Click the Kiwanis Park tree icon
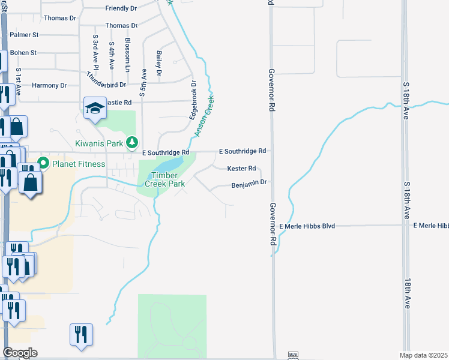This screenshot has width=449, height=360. pyautogui.click(x=133, y=142)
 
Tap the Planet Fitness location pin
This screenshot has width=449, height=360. pyautogui.click(x=43, y=163)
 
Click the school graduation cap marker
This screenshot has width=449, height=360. pyautogui.click(x=95, y=108)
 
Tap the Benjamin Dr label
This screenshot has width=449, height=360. pyautogui.click(x=249, y=185)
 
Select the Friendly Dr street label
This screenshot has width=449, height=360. pyautogui.click(x=121, y=8)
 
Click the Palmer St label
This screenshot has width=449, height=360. pyautogui.click(x=24, y=35)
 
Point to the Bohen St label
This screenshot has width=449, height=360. pyautogui.click(x=23, y=53)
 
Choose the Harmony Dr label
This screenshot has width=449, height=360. pyautogui.click(x=49, y=85)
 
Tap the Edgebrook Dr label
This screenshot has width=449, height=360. pyautogui.click(x=193, y=100)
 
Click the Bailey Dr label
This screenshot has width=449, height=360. pyautogui.click(x=159, y=63)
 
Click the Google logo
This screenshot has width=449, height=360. pyautogui.click(x=20, y=353)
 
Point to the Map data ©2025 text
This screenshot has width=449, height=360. pyautogui.click(x=424, y=355)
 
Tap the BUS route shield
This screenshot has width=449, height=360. pyautogui.click(x=294, y=355)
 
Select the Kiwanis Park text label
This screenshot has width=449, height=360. pyautogui.click(x=99, y=143)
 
